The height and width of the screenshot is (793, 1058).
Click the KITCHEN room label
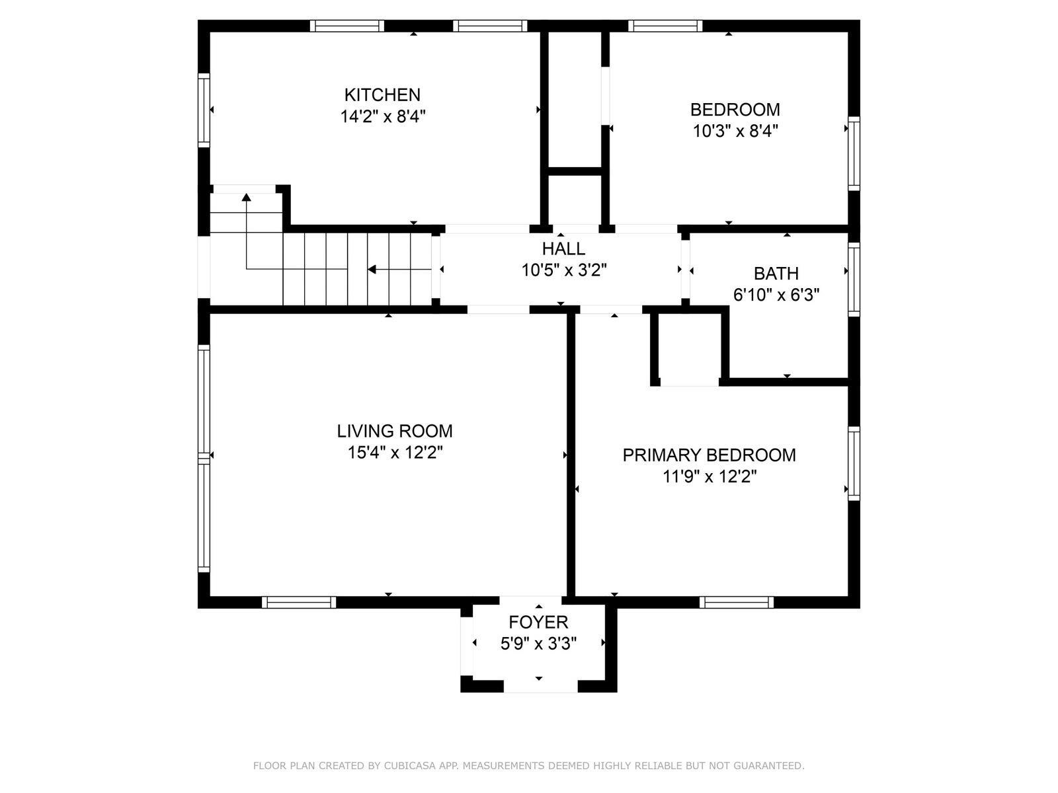tap(382, 95)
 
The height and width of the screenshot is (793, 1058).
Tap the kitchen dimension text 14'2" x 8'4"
tap(383, 116)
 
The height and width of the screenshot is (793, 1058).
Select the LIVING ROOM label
tap(395, 431)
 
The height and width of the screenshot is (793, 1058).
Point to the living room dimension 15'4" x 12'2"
tap(395, 453)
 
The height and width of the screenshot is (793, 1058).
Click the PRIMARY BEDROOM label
tap(709, 455)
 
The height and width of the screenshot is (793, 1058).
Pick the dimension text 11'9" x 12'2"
tap(710, 476)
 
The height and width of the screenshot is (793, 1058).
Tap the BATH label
tap(776, 274)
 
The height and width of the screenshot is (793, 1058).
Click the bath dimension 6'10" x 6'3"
tap(776, 295)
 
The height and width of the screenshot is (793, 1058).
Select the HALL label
tap(563, 249)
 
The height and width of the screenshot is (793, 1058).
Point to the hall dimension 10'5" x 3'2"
tap(564, 270)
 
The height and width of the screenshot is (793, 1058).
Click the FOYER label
tap(538, 622)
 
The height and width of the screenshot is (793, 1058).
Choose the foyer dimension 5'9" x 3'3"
tap(538, 644)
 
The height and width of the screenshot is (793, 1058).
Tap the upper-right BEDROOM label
tap(735, 110)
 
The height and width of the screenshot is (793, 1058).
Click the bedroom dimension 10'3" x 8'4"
tap(735, 131)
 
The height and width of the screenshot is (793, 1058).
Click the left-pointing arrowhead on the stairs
tap(372, 270)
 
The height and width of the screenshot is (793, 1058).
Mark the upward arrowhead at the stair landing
tap(246, 197)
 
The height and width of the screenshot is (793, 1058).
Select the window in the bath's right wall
tap(854, 280)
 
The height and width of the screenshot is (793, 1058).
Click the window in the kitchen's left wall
tap(204, 110)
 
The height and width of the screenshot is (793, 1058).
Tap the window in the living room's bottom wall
tap(299, 602)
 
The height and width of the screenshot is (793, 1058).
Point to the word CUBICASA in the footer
tap(405, 765)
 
